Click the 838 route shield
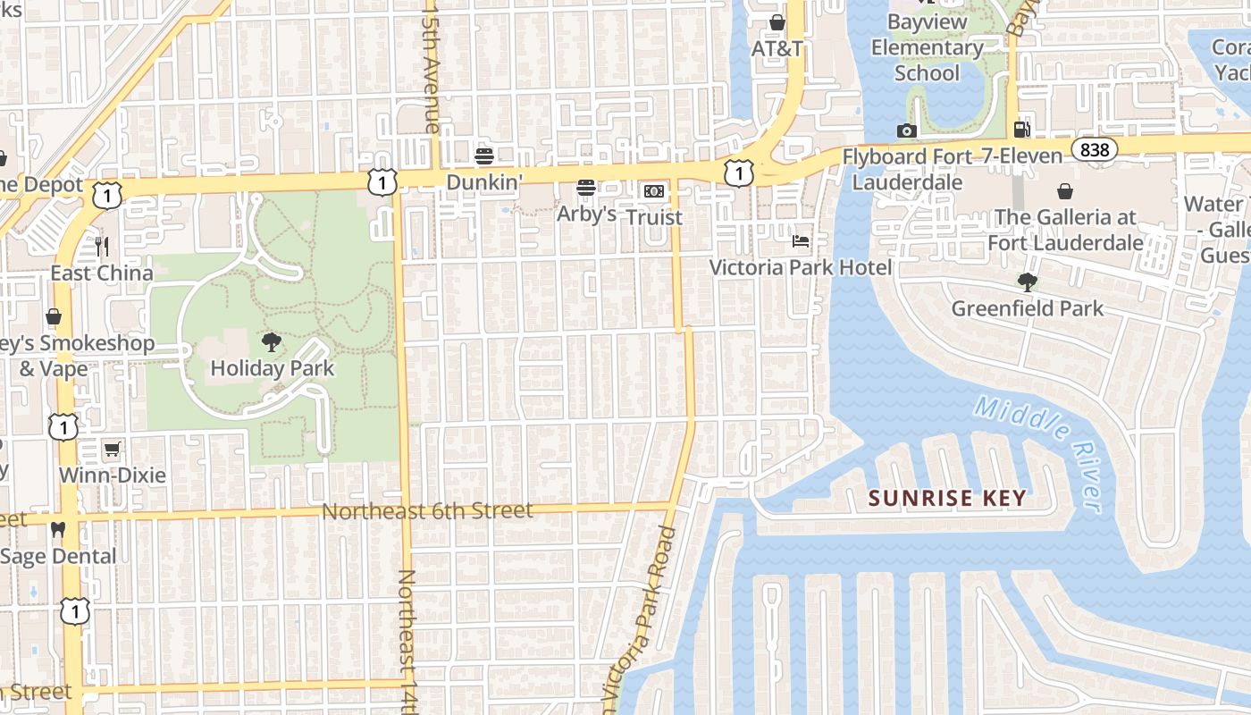[x=1095, y=150]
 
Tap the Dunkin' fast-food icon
[x=484, y=156]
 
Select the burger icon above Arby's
[x=586, y=188]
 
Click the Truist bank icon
[x=654, y=191]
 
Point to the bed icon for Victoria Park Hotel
[x=801, y=241]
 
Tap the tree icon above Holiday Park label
[x=271, y=341]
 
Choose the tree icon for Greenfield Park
[x=1028, y=282]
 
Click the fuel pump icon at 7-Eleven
[x=1022, y=130]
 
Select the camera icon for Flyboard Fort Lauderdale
[x=907, y=131]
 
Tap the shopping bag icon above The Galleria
[x=1065, y=191]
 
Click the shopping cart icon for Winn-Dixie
[x=112, y=449]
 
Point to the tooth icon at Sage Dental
[x=58, y=530]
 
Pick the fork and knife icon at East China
[x=102, y=246]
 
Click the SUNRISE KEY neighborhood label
[x=947, y=498]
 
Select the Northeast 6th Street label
[x=427, y=511]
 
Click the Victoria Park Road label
[x=646, y=617]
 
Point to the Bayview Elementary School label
[x=927, y=46]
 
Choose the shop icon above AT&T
[x=777, y=22]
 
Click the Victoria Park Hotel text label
[x=801, y=267]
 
